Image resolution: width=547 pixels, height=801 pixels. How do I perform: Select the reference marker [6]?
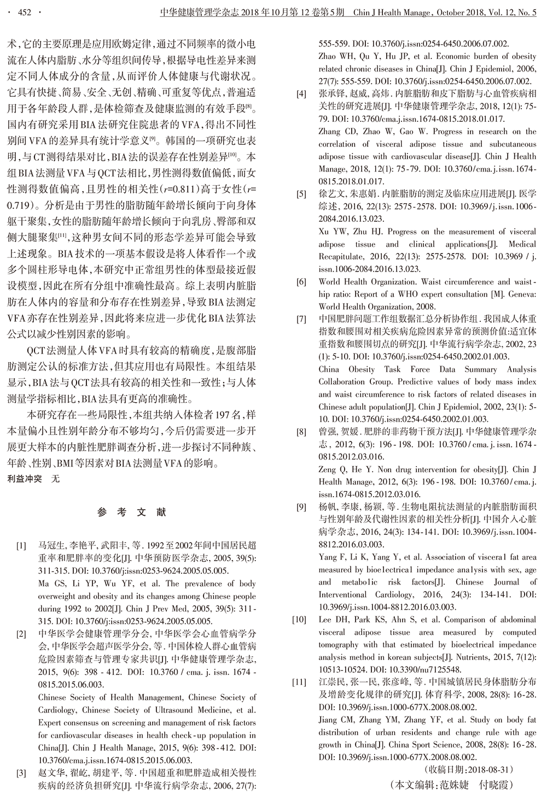pos(301,282)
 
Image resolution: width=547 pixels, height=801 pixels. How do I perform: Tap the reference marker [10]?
pos(299,620)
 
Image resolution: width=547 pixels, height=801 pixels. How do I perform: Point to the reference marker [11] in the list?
pos(299,682)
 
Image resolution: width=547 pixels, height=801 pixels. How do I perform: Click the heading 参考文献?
pos(132,513)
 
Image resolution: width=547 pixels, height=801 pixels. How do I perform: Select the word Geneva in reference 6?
pos(520,294)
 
